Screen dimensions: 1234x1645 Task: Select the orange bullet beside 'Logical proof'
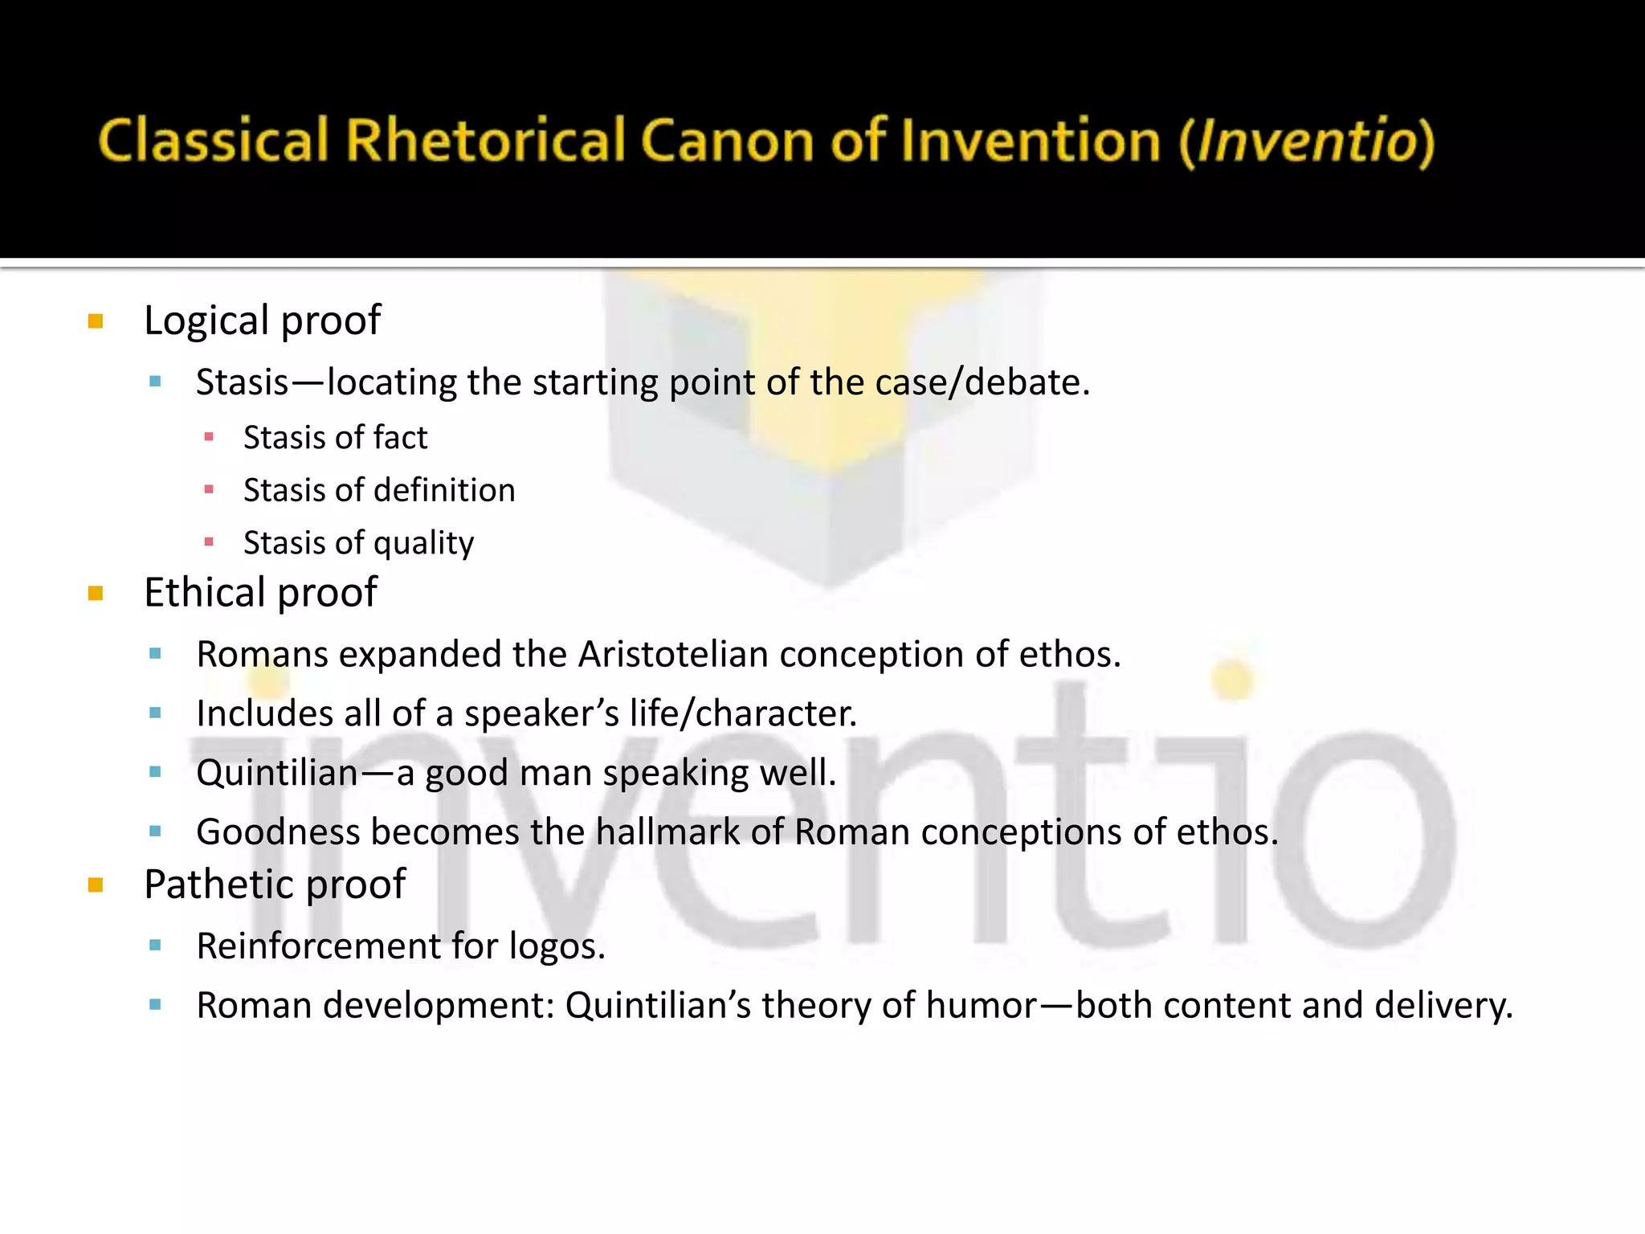point(96,321)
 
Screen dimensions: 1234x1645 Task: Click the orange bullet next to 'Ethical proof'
point(96,594)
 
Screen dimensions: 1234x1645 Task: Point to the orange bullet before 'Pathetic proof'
point(96,885)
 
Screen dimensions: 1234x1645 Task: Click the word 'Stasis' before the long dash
point(242,382)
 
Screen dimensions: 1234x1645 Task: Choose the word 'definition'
point(446,490)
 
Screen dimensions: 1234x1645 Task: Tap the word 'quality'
point(423,544)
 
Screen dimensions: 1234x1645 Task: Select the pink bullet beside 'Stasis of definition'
point(209,489)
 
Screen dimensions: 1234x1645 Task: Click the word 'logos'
point(556,946)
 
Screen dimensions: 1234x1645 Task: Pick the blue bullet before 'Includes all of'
point(156,713)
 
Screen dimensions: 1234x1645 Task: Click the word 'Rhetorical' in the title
point(485,141)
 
